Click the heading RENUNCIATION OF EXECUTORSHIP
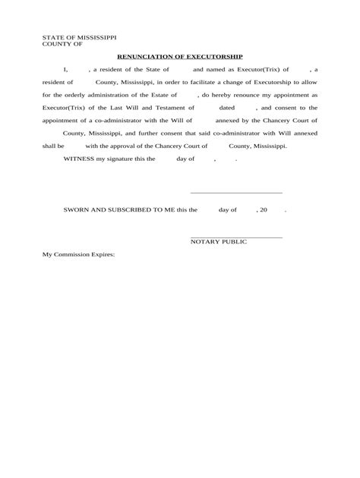180,56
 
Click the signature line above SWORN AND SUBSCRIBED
235,193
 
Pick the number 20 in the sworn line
264,209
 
